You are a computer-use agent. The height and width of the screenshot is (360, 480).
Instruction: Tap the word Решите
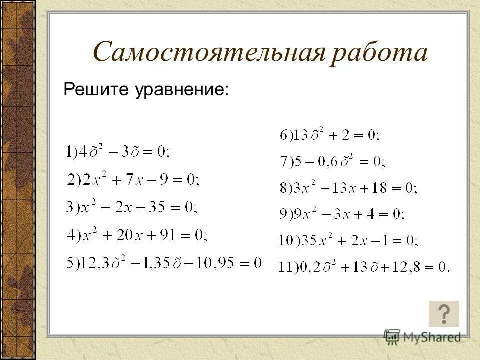(x=94, y=90)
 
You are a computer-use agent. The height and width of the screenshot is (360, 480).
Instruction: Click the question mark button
(x=444, y=314)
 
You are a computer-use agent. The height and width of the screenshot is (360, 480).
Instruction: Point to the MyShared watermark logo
(x=423, y=336)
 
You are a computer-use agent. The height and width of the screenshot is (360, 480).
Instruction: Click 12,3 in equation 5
(x=91, y=263)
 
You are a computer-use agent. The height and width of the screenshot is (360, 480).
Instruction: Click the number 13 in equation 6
(x=301, y=135)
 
